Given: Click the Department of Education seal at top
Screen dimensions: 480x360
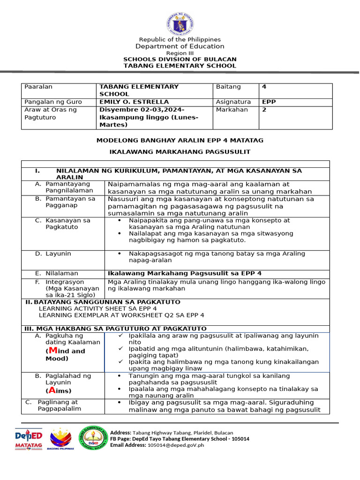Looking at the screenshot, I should coord(180,23).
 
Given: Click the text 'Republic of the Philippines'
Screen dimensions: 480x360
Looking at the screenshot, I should coord(180,39).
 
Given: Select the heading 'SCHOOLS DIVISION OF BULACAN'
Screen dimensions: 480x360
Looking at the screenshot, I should coord(180,59).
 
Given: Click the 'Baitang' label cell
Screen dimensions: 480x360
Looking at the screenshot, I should coord(228,87).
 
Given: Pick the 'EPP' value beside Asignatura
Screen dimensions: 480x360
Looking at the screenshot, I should coord(269,102).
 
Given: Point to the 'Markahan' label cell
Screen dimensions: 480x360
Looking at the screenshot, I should coord(231,110).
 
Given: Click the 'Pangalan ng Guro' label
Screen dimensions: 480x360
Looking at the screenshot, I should coord(53,102).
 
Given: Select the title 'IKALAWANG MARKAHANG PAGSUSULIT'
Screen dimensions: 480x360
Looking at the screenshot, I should coord(180,151).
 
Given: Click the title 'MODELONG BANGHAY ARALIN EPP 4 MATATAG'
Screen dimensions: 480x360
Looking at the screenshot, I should coord(180,140).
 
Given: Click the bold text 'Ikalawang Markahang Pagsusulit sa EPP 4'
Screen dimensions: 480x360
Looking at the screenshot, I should coord(185,273).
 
